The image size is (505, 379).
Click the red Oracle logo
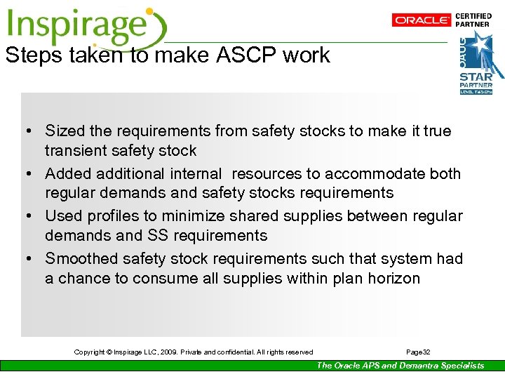(422, 20)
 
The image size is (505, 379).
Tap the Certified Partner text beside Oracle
(473, 20)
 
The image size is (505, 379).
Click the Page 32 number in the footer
(419, 352)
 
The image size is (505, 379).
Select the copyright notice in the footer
(194, 352)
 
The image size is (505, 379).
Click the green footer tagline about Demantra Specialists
(400, 365)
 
